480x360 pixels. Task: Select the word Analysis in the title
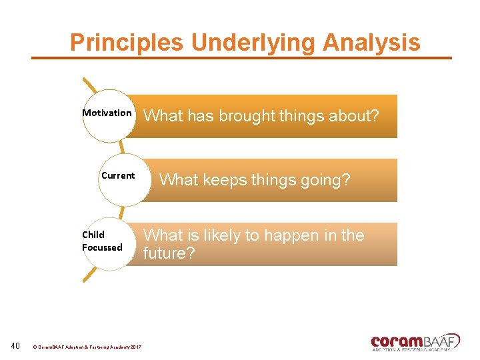click(371, 43)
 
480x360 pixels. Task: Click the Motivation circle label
click(107, 113)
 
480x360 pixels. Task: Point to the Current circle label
click(118, 176)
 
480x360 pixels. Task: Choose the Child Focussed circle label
click(102, 241)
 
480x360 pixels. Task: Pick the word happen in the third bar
click(287, 235)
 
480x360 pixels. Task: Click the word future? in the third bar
click(169, 253)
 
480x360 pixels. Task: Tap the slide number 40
click(16, 345)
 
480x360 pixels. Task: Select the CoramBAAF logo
click(415, 341)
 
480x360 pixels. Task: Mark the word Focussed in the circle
click(102, 247)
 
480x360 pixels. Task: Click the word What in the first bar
click(163, 116)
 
